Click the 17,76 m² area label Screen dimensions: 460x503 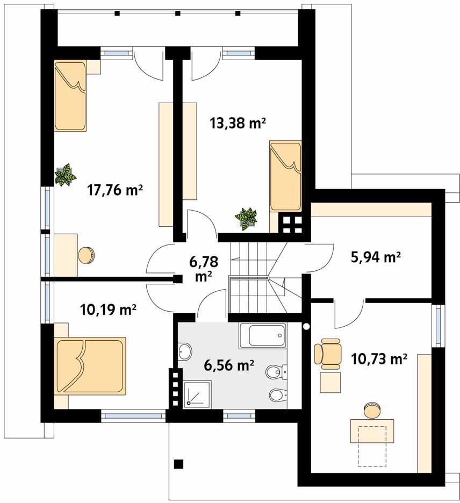(x=115, y=190)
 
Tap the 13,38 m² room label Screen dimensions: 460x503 (x=239, y=123)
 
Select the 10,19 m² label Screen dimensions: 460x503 (x=109, y=310)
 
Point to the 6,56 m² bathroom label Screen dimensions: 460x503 (x=229, y=365)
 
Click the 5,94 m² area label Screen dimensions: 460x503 (x=375, y=257)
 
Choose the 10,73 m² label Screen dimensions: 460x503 (x=379, y=359)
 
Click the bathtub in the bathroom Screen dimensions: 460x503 (x=262, y=336)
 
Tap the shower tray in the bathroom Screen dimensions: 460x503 (x=197, y=394)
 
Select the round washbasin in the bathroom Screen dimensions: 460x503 (x=185, y=351)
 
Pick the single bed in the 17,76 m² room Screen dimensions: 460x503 (x=70, y=96)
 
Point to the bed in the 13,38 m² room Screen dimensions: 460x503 (x=285, y=176)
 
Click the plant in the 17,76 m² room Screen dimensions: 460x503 (x=66, y=175)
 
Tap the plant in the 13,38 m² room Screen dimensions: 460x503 (x=246, y=219)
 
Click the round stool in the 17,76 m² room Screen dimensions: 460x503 (x=87, y=256)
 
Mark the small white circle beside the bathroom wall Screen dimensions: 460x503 (x=307, y=327)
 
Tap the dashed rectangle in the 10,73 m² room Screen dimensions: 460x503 (x=372, y=446)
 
